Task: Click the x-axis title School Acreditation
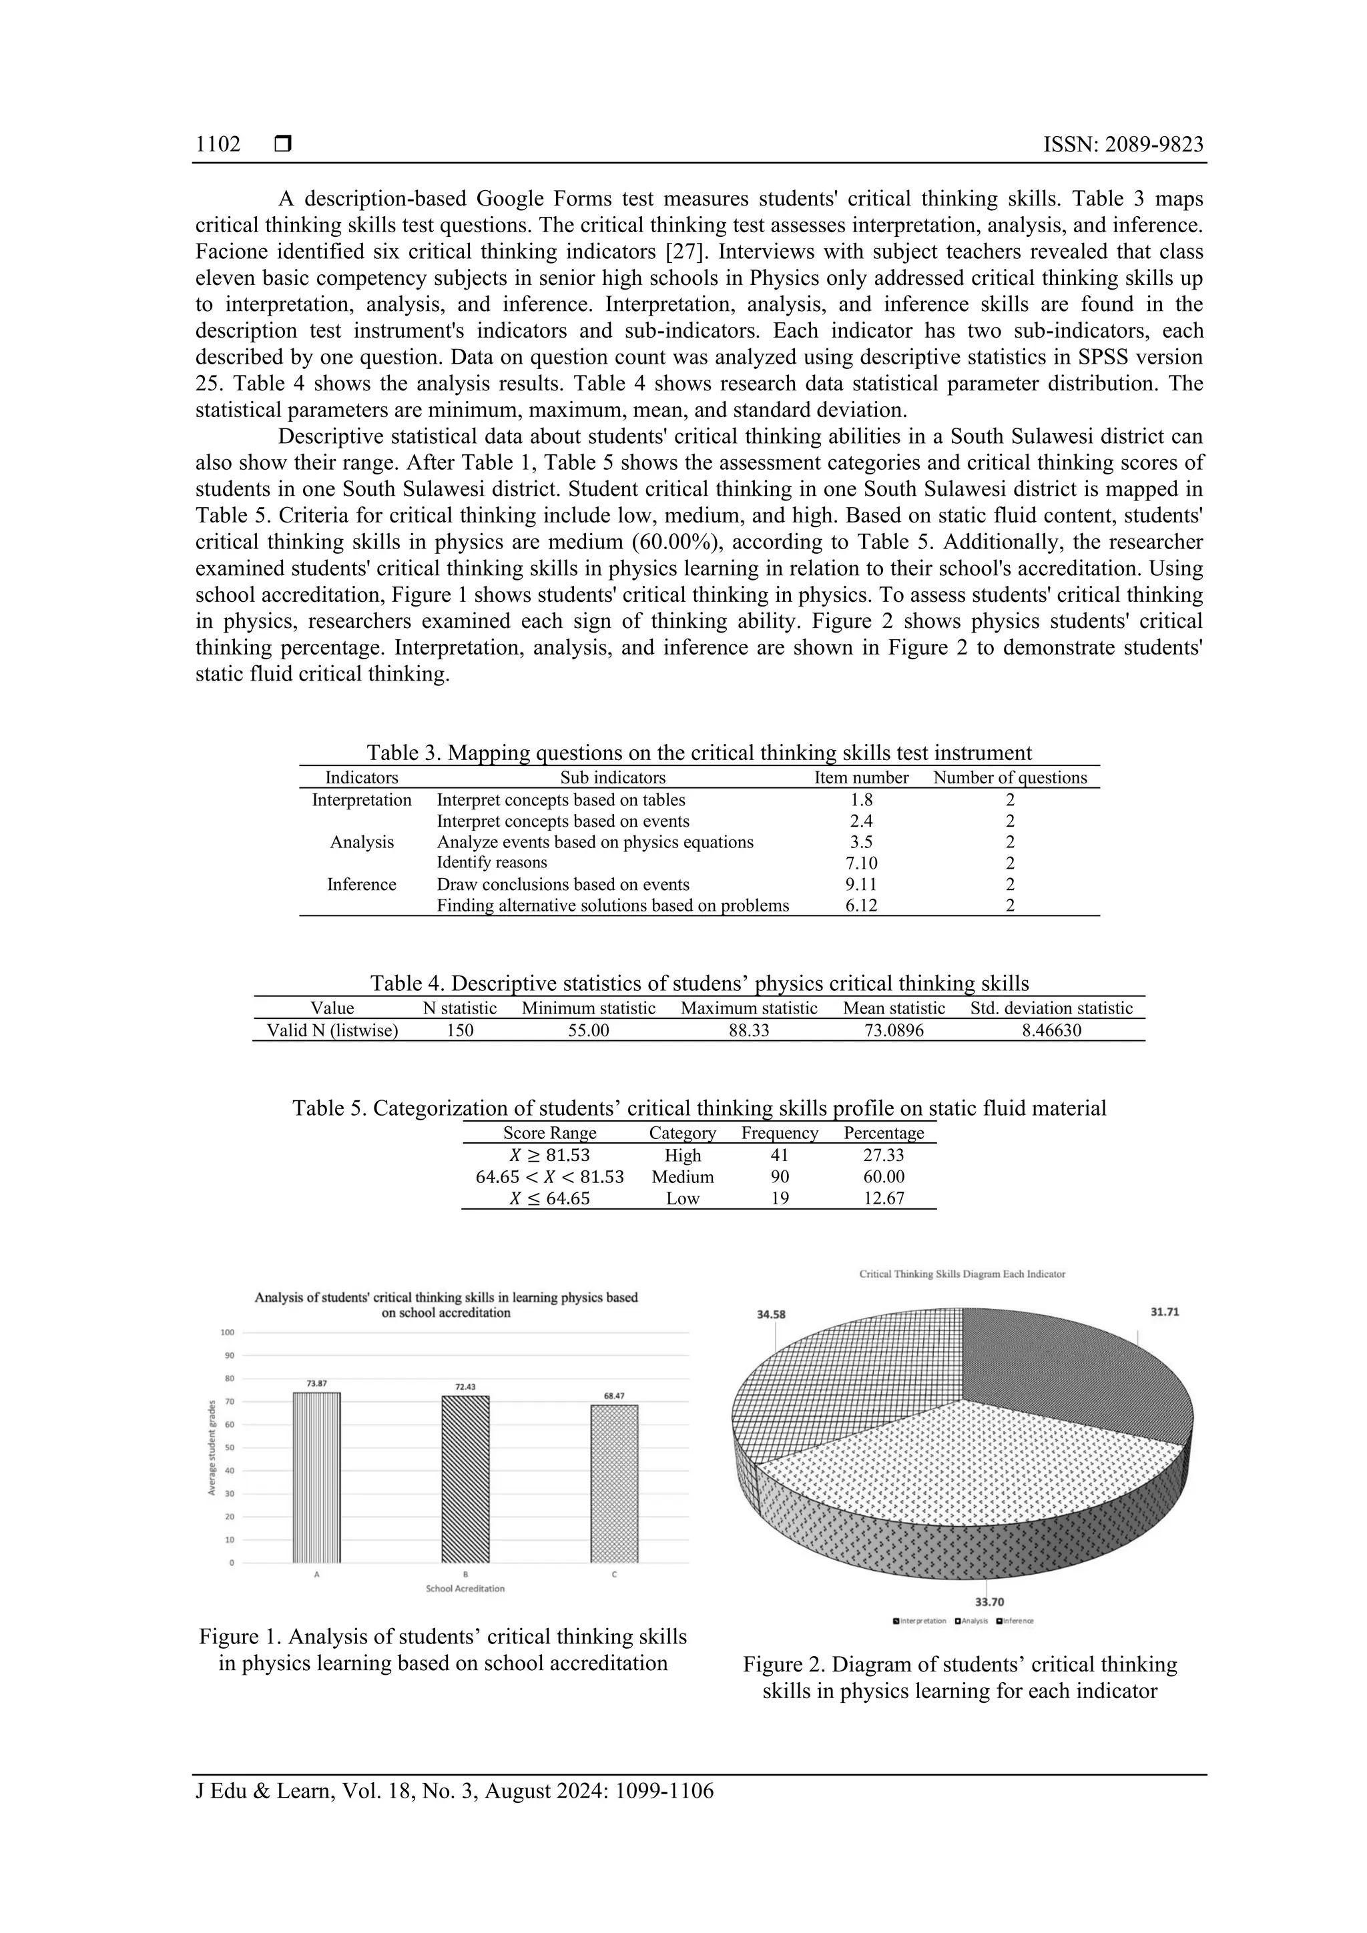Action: (465, 1589)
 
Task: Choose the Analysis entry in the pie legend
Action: (971, 1621)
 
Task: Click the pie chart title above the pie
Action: (962, 1274)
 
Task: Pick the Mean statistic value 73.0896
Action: (894, 1030)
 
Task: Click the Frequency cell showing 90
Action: (779, 1177)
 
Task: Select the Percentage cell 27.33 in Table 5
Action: (884, 1156)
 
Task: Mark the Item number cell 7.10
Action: (861, 863)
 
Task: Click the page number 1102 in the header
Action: (218, 145)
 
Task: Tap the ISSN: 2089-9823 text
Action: (1123, 145)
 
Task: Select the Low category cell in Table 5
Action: (682, 1199)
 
